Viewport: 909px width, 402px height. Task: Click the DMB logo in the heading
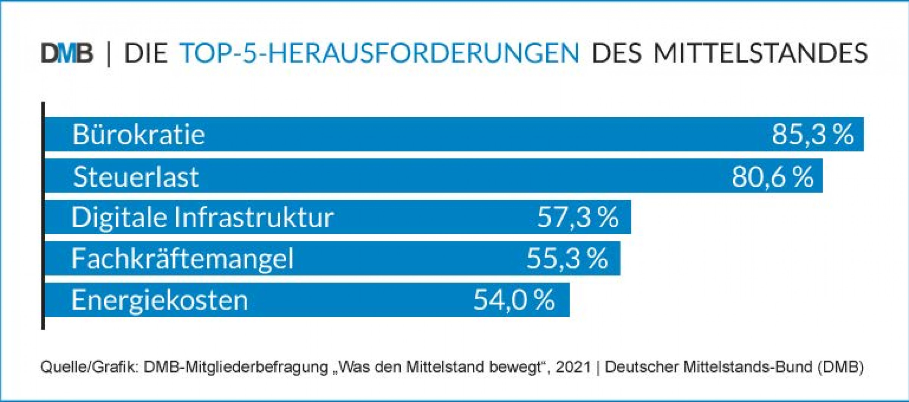pos(67,53)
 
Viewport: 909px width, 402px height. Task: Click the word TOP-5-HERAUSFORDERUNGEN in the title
pos(379,53)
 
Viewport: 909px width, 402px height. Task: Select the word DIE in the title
pos(146,53)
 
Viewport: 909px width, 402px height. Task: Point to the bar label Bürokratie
pos(139,135)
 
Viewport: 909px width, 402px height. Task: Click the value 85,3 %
pos(813,135)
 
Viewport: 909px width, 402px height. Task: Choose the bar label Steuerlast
pos(136,177)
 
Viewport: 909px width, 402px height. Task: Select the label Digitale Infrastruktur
pos(203,217)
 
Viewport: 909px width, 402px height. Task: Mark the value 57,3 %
pos(578,217)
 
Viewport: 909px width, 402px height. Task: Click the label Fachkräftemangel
pos(182,259)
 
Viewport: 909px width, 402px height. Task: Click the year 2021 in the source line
pos(573,367)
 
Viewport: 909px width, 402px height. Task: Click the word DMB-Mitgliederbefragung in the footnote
pos(236,367)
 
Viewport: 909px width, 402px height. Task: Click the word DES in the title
pos(617,53)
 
